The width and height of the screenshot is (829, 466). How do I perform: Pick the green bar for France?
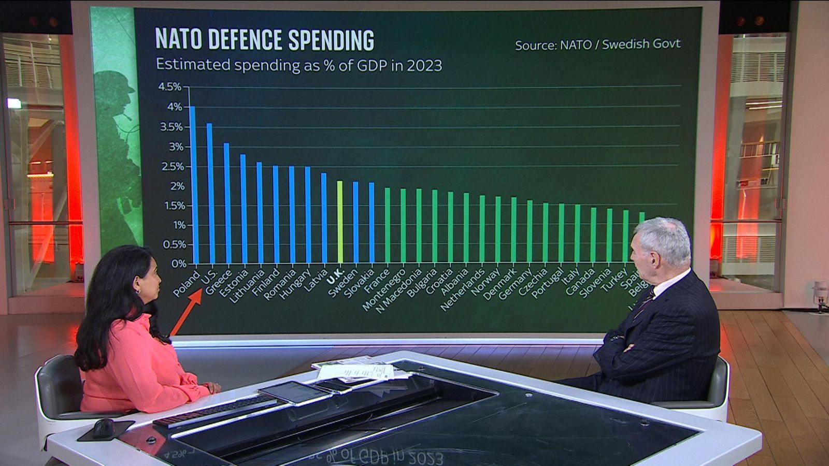pos(388,225)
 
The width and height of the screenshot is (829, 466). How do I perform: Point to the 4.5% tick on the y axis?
pos(170,87)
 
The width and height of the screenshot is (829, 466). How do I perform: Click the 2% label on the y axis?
pos(177,186)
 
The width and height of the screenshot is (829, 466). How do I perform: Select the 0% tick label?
pos(178,264)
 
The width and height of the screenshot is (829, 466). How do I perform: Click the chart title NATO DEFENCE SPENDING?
pos(265,40)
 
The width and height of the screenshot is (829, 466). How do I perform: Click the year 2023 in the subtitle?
pos(424,66)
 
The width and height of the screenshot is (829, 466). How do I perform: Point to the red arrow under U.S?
pos(186,314)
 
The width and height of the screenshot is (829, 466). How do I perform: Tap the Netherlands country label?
pos(462,289)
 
